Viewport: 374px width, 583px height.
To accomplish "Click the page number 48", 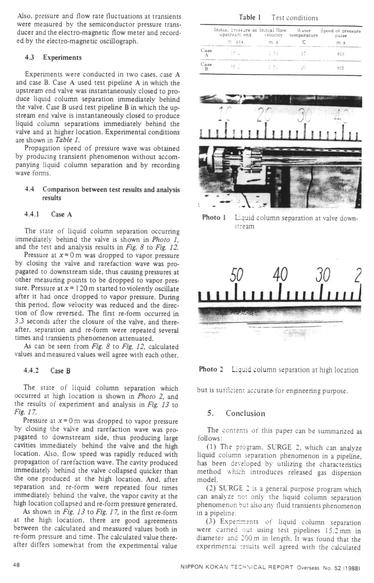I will (x=17, y=565).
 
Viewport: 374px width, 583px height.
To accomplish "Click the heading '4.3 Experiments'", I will (x=53, y=57).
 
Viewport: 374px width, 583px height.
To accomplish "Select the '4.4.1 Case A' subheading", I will (x=48, y=214).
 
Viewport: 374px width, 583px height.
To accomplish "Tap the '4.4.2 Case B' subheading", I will (x=47, y=371).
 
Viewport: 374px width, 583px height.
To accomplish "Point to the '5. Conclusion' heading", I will (x=236, y=413).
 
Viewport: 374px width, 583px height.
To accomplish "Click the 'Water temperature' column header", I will (x=304, y=32).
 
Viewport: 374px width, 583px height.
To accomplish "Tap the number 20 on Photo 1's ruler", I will (x=265, y=115).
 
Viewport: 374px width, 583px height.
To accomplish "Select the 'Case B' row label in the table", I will (x=206, y=66).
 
